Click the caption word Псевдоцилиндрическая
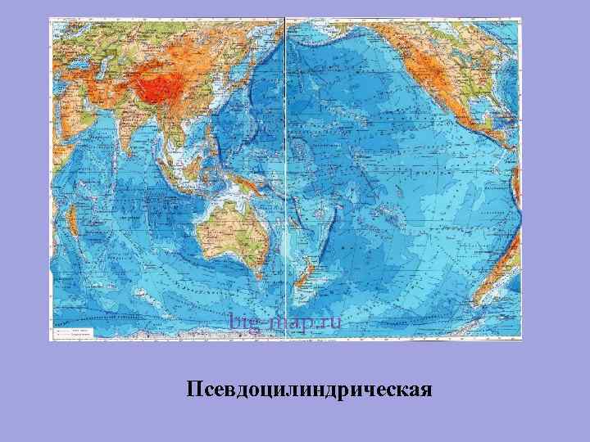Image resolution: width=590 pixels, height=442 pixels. [x=308, y=388]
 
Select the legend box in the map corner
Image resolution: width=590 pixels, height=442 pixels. [x=74, y=331]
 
